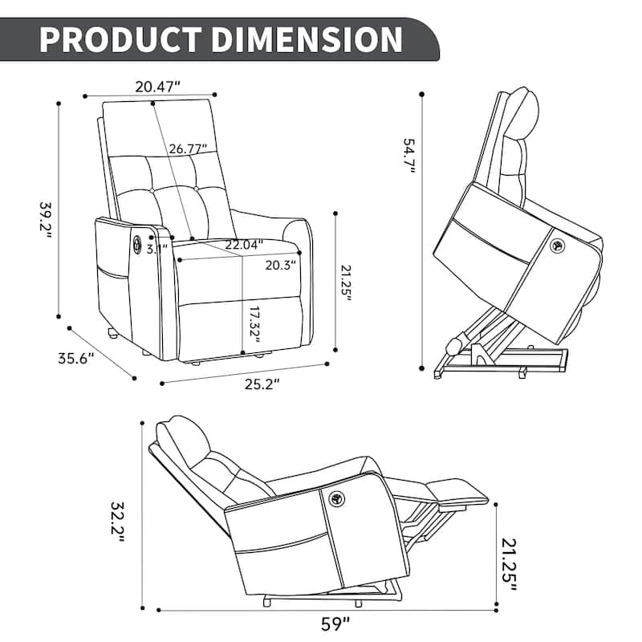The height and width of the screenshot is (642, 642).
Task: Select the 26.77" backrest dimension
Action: click(x=188, y=148)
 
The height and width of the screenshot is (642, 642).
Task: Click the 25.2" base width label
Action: click(x=261, y=384)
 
